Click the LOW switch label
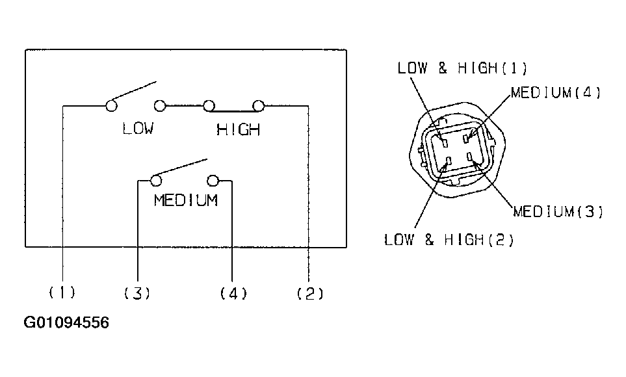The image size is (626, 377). [x=138, y=129]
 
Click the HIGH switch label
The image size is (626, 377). [x=239, y=130]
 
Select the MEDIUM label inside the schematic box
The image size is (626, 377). [x=186, y=200]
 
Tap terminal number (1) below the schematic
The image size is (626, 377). [x=62, y=292]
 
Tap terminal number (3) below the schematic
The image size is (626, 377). [x=137, y=294]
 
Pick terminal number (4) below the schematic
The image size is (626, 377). [x=233, y=294]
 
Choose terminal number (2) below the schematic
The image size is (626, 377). [x=310, y=294]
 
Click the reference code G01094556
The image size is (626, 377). [x=66, y=322]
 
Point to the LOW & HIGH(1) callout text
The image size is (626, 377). [x=462, y=68]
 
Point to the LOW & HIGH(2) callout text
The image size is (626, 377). [x=449, y=240]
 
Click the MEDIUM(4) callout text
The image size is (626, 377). [x=556, y=93]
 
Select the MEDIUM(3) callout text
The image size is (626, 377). [x=558, y=211]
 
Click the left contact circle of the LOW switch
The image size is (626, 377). [x=111, y=106]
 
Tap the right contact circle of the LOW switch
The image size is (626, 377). [x=160, y=106]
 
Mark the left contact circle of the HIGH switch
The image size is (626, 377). [x=209, y=106]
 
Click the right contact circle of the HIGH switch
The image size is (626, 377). [x=259, y=106]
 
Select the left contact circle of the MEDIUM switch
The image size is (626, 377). [x=156, y=181]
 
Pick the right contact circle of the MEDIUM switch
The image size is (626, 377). [x=213, y=181]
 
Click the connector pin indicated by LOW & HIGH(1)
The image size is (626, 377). [x=445, y=142]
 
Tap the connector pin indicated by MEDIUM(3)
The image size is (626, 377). [x=470, y=156]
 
